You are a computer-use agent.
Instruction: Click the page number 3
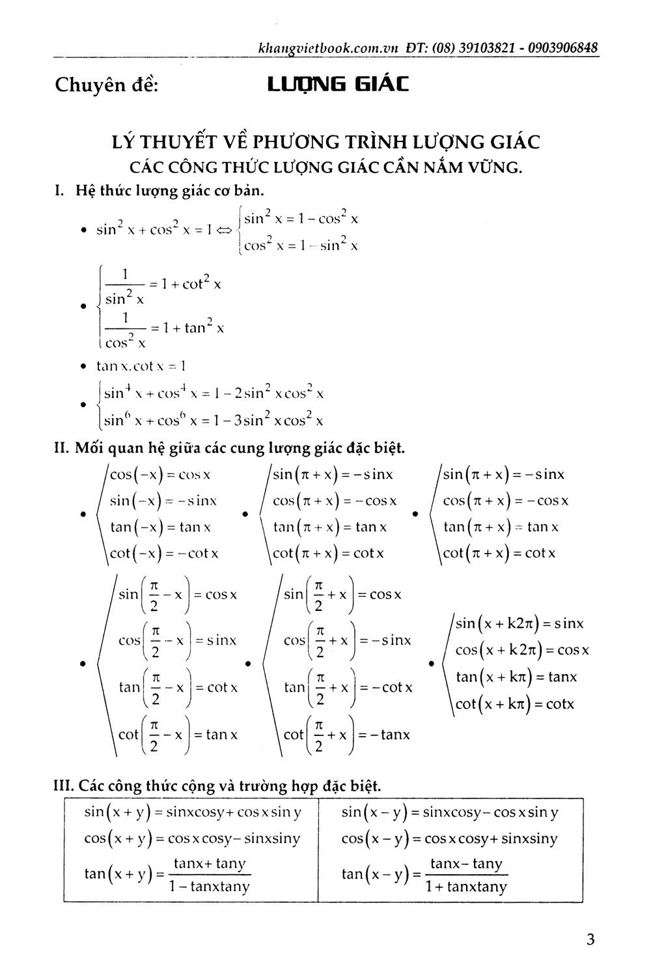click(x=590, y=939)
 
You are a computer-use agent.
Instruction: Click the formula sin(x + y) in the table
click(x=193, y=812)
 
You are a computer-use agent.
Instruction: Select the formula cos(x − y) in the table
click(x=449, y=839)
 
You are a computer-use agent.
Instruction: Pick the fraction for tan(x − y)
click(x=466, y=875)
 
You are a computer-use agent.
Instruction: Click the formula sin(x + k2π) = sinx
click(x=519, y=623)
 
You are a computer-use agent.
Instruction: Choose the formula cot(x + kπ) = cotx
click(x=514, y=704)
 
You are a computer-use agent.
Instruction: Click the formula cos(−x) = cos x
click(x=160, y=474)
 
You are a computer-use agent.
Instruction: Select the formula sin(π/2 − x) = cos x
click(x=177, y=595)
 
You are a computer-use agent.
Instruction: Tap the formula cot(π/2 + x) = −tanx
click(x=346, y=735)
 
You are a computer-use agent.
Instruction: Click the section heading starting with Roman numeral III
click(x=216, y=786)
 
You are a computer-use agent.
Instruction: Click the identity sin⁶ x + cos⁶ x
click(x=214, y=420)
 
